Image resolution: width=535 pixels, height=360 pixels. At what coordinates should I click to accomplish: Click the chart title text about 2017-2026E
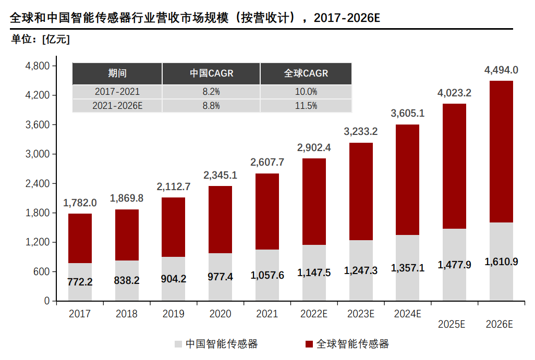tap(195, 17)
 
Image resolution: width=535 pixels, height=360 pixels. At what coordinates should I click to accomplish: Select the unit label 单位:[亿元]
tap(40, 40)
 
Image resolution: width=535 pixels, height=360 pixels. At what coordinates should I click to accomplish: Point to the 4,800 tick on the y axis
tap(37, 66)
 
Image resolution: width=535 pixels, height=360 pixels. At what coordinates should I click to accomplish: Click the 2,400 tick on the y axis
tap(37, 184)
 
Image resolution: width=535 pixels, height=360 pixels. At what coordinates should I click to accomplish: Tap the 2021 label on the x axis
tap(267, 314)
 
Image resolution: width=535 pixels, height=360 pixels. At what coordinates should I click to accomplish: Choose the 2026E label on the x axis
tap(499, 324)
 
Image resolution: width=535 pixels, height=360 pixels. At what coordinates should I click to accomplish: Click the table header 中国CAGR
tap(211, 73)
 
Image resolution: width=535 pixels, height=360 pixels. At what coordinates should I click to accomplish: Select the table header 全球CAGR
tap(306, 73)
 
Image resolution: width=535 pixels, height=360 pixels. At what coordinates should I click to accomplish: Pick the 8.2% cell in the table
tap(211, 92)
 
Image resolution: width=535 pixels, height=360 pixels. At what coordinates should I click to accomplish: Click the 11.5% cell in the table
tap(306, 106)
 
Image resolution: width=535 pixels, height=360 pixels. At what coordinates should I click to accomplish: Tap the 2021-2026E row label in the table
tap(117, 106)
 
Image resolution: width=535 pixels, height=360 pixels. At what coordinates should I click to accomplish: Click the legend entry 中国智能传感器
tap(216, 344)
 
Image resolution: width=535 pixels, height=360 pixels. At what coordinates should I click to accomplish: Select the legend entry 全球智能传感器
tap(346, 344)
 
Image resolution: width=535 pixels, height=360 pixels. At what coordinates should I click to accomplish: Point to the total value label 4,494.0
tap(501, 70)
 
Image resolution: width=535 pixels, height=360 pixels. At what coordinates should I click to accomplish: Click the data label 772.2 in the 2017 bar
tap(80, 282)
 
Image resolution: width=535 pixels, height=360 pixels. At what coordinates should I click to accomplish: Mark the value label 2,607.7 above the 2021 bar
tap(267, 163)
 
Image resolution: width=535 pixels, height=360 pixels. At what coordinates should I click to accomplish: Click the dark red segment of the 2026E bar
tap(501, 151)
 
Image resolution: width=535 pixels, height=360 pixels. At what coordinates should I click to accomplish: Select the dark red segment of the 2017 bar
tap(80, 238)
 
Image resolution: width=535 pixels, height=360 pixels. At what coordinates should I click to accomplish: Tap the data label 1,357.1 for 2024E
tap(407, 268)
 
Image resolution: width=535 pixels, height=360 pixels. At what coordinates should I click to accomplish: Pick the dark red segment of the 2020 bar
tap(220, 219)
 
